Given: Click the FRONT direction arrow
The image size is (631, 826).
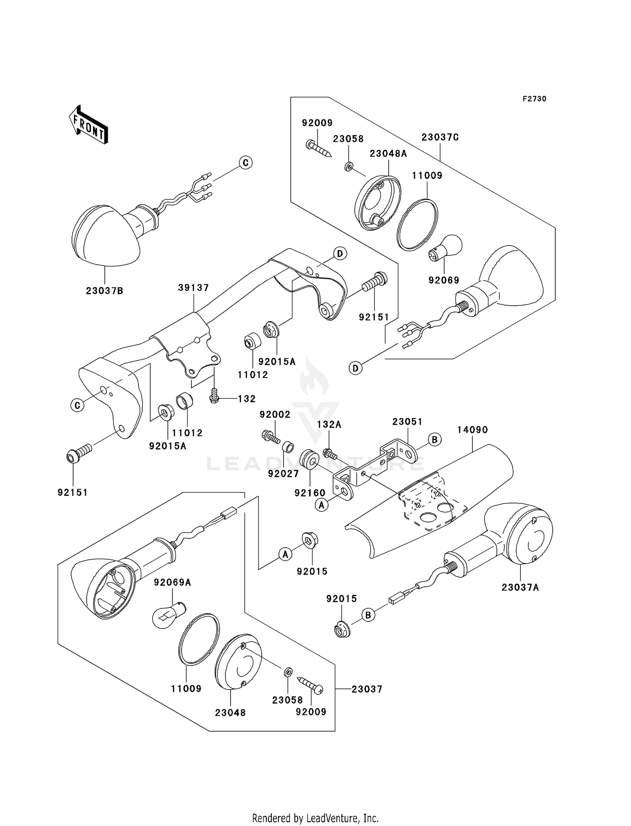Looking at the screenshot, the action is pyautogui.click(x=88, y=125).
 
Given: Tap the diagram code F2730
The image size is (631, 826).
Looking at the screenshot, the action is pyautogui.click(x=534, y=99).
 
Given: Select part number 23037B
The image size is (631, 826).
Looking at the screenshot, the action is pyautogui.click(x=105, y=291).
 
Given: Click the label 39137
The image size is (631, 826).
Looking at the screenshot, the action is pyautogui.click(x=194, y=288).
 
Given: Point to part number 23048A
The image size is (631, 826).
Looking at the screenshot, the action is pyautogui.click(x=388, y=154).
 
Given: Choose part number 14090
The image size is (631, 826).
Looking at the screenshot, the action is pyautogui.click(x=472, y=430).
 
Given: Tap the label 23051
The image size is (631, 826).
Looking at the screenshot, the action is pyautogui.click(x=407, y=421).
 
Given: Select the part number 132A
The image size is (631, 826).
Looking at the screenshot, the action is pyautogui.click(x=329, y=425).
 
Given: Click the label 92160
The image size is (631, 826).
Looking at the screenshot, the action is pyautogui.click(x=310, y=493).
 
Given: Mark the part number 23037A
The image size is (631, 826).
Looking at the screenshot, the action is pyautogui.click(x=520, y=587).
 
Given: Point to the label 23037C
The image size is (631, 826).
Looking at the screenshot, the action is pyautogui.click(x=440, y=137).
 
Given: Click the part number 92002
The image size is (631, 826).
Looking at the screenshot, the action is pyautogui.click(x=275, y=415).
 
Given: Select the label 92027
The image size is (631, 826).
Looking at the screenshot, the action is pyautogui.click(x=284, y=474).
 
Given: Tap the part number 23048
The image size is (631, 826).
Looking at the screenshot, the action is pyautogui.click(x=231, y=713).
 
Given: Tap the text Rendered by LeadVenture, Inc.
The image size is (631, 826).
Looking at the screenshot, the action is pyautogui.click(x=315, y=818).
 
